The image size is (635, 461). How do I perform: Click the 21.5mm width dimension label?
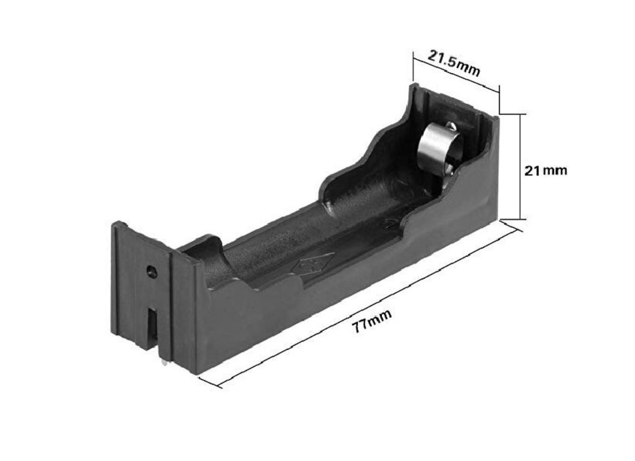click(x=454, y=63)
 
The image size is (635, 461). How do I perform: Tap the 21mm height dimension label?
click(x=545, y=170)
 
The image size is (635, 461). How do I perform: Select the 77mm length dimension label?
click(x=371, y=320)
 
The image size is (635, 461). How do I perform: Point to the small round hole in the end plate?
click(x=151, y=271)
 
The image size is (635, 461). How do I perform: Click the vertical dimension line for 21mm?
click(x=521, y=167)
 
